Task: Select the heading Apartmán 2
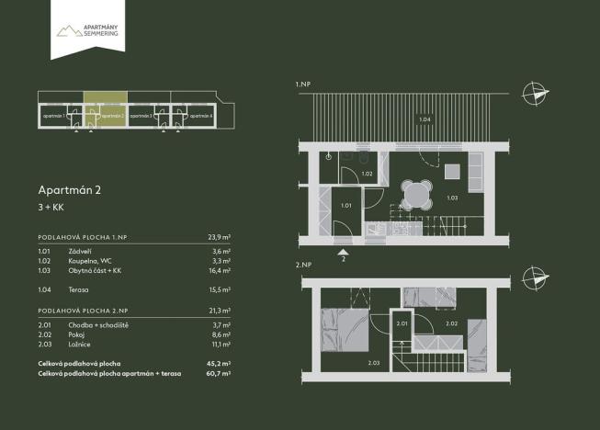pos(69,190)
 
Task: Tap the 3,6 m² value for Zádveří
pos(219,251)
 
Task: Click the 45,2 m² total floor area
pos(219,364)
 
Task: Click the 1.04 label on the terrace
pos(425,119)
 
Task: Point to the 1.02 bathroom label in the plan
pos(366,174)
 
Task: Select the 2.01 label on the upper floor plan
pos(402,323)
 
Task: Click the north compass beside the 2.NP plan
pos(534,277)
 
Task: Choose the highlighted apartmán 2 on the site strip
pos(106,117)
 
